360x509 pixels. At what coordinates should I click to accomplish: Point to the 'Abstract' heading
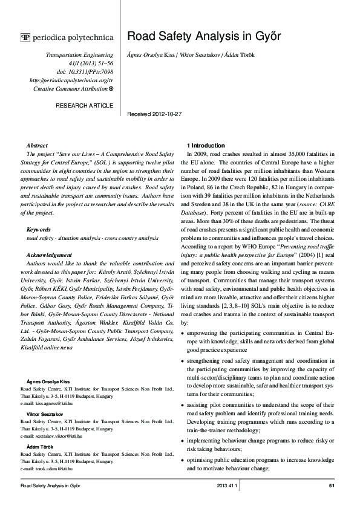pyautogui.click(x=38, y=146)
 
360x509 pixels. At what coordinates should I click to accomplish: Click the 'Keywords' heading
pyautogui.click(x=39, y=230)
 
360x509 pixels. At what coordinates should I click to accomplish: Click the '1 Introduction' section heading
pyautogui.click(x=206, y=146)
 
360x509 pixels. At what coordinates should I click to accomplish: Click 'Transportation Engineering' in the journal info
pyautogui.click(x=79, y=54)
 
